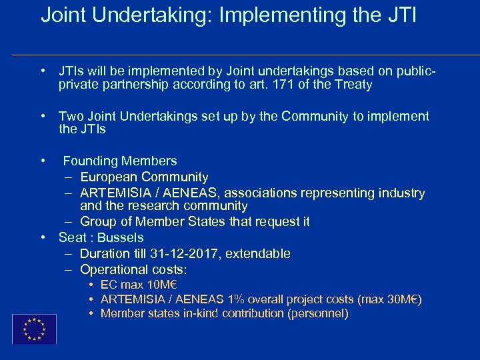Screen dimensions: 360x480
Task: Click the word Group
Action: [x=99, y=221]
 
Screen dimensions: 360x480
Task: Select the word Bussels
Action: [x=121, y=237]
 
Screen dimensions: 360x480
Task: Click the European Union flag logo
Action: [x=34, y=329]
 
